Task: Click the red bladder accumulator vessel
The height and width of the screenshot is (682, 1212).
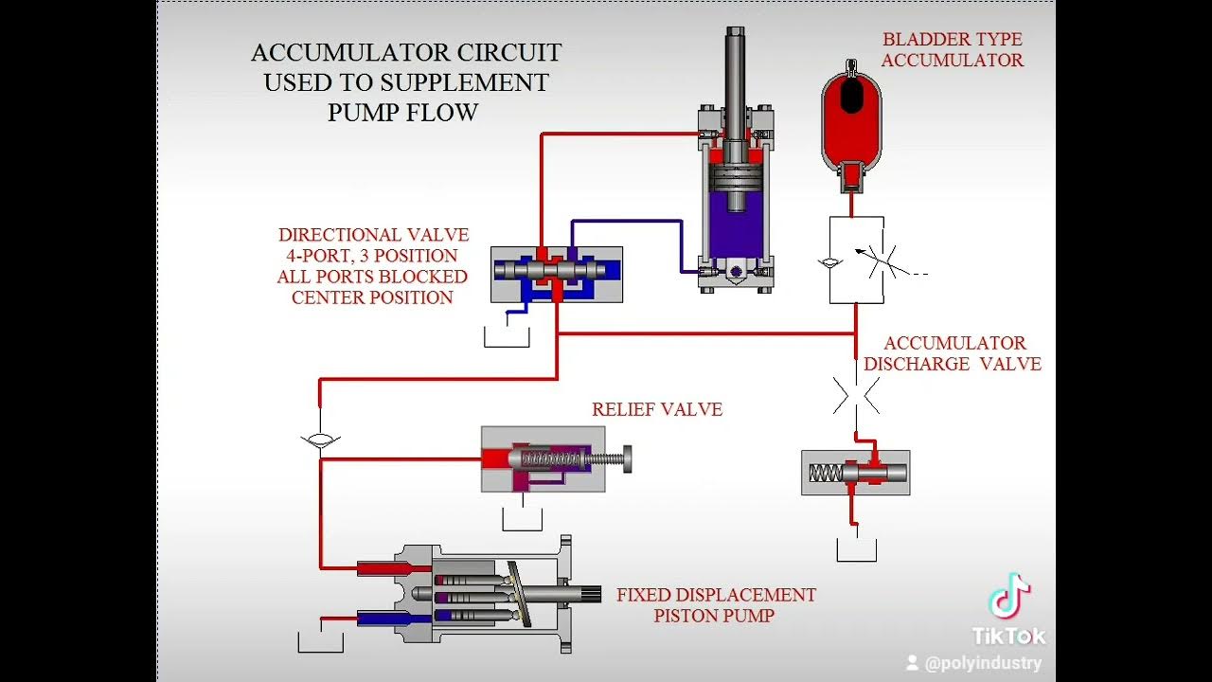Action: click(x=850, y=118)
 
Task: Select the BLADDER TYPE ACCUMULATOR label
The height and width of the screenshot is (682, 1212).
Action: click(x=952, y=50)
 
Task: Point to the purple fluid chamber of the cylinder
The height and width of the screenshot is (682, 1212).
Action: click(x=735, y=227)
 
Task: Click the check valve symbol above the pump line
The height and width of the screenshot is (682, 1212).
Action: click(x=320, y=440)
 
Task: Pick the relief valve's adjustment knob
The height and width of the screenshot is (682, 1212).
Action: click(x=626, y=459)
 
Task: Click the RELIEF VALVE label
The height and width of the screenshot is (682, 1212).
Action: click(x=657, y=410)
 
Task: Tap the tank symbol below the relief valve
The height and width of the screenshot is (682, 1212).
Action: click(x=522, y=520)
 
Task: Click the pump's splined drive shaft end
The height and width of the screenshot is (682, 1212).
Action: click(x=591, y=595)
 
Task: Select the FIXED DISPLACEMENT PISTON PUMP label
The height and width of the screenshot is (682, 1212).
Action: click(x=716, y=605)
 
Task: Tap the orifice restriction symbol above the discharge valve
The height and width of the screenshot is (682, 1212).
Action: click(x=856, y=395)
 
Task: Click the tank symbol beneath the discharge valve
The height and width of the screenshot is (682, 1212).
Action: click(x=856, y=550)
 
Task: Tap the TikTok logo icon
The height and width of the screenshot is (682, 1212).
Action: click(x=1008, y=597)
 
